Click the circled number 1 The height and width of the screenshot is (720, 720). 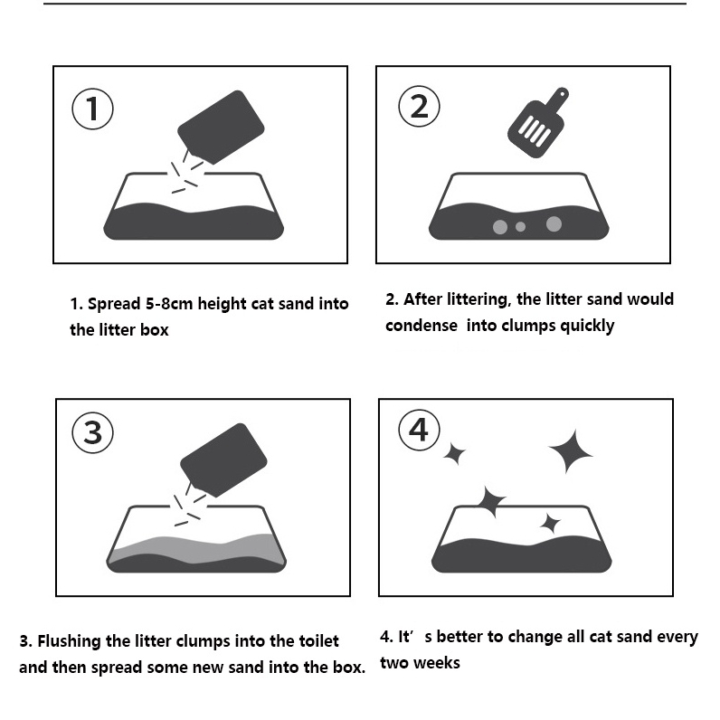click(92, 109)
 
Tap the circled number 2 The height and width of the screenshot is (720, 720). click(419, 107)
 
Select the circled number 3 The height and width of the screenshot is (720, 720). click(93, 432)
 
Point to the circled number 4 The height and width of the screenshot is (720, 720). click(419, 431)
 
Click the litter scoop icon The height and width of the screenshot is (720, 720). click(537, 123)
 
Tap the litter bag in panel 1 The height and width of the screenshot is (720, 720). click(221, 128)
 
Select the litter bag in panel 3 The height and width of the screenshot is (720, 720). click(223, 460)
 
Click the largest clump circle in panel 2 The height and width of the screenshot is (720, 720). click(554, 224)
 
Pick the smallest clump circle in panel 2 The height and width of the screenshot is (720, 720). click(520, 226)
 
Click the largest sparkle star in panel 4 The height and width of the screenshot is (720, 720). click(572, 452)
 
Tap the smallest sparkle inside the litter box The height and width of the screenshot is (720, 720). click(550, 524)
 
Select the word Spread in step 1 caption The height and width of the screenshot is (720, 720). click(114, 305)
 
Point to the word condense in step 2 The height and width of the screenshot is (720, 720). click(422, 326)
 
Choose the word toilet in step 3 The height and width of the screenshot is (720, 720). click(318, 641)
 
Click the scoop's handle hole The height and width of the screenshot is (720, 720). click(562, 94)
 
